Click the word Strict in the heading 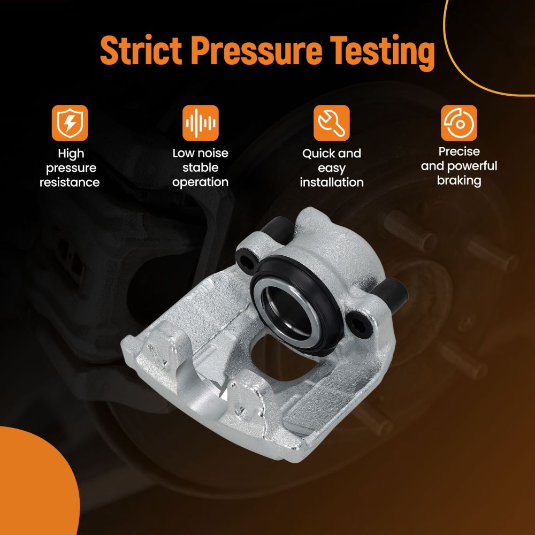tap(141, 50)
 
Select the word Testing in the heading tap(383, 53)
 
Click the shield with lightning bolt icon tap(70, 123)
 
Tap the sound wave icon tap(201, 123)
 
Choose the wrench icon tap(332, 123)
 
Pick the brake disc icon tap(459, 123)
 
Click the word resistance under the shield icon tap(70, 182)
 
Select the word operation tap(200, 182)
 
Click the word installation tap(332, 182)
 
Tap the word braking tap(459, 181)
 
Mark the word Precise tap(459, 151)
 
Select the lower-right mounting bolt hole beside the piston tap(358, 325)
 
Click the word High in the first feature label tap(71, 154)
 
